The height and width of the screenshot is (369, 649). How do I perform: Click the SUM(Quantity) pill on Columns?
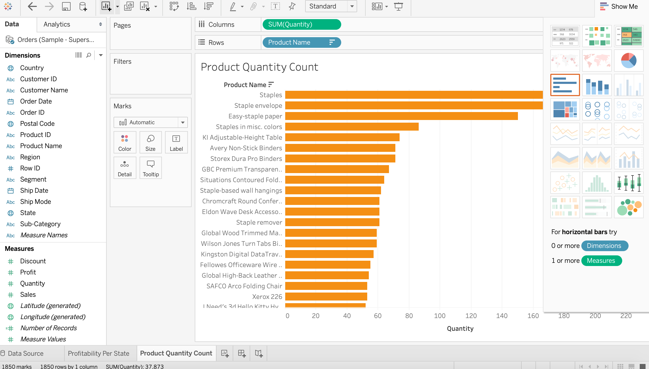click(301, 24)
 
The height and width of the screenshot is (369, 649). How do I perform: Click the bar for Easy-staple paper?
click(401, 116)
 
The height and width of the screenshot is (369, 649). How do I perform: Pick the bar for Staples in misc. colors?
click(352, 127)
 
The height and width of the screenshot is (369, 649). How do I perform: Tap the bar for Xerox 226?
click(326, 297)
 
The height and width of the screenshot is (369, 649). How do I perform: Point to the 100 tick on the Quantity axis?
click(440, 316)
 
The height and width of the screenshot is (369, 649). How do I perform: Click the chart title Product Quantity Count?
click(259, 67)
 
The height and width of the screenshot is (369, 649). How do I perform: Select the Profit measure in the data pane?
click(28, 272)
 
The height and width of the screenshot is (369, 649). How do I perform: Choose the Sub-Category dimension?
click(40, 224)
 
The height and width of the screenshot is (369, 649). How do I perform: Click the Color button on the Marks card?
click(125, 142)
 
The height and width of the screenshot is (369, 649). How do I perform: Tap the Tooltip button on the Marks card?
click(150, 168)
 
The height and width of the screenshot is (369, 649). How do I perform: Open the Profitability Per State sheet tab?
click(98, 353)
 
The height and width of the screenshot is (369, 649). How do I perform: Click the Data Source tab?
click(25, 353)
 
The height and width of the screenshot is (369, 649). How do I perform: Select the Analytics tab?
click(57, 24)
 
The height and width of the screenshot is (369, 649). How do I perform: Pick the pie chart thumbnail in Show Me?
click(629, 61)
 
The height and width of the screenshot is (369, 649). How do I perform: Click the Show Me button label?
click(624, 6)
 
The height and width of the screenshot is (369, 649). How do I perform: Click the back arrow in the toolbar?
click(32, 6)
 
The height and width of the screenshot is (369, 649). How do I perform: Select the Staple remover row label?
click(259, 222)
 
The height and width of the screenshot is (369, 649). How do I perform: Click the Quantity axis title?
click(460, 328)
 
